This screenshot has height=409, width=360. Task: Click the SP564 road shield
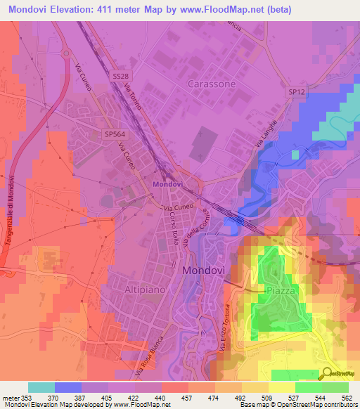pos(114,133)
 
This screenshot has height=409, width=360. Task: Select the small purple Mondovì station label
pos(167,184)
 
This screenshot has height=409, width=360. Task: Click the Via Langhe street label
pos(268,134)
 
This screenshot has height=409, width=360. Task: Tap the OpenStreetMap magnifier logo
pos(328,374)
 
